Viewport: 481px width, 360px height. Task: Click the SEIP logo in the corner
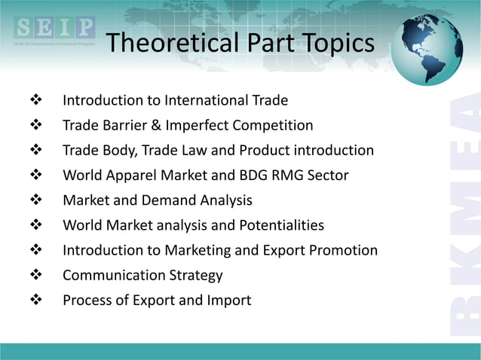point(53,32)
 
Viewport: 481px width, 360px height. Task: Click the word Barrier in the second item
point(124,125)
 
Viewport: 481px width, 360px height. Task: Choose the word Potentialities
point(277,225)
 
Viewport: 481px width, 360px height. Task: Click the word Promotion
point(344,250)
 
